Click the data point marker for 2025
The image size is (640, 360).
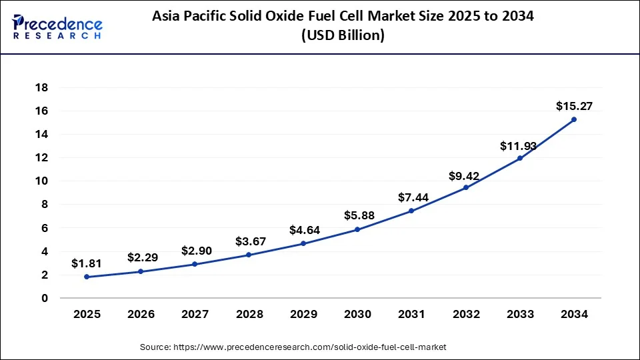[87, 277]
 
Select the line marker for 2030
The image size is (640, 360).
[357, 229]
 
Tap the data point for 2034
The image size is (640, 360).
[574, 119]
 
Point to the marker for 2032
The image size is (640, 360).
[465, 187]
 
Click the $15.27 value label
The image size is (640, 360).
[574, 105]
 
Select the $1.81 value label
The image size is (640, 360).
[87, 263]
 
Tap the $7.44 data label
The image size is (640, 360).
[411, 197]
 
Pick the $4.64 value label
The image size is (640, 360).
[303, 230]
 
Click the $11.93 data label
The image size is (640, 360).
[519, 145]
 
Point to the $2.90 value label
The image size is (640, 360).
[195, 251]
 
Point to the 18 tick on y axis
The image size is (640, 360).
[41, 87]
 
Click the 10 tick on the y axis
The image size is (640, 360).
[41, 181]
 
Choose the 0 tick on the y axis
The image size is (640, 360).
[45, 299]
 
